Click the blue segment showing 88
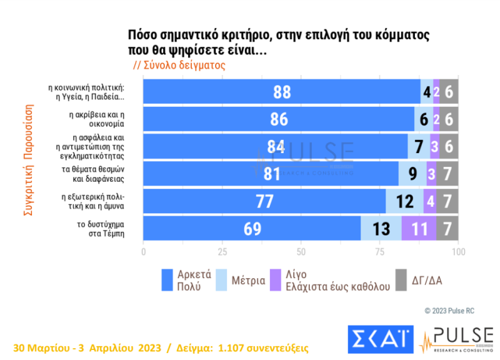click(282, 91)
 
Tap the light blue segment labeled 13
click(381, 228)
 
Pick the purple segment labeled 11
click(418, 228)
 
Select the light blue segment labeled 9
click(412, 174)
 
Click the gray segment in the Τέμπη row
click(447, 228)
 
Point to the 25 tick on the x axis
click(222, 251)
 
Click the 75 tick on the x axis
click(379, 251)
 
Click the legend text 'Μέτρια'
click(248, 281)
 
